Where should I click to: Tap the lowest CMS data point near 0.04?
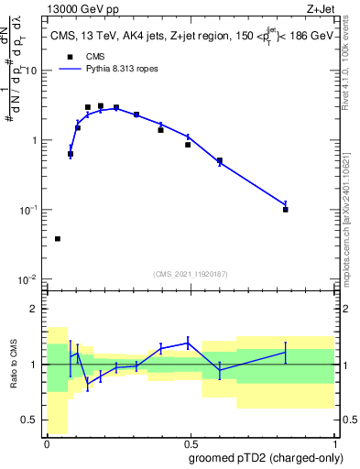58,238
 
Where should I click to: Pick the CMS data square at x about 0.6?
220,161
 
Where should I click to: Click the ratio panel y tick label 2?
34,309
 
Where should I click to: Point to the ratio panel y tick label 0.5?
30,421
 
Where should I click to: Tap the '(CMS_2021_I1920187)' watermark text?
191,272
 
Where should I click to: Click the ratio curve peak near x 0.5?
188,343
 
